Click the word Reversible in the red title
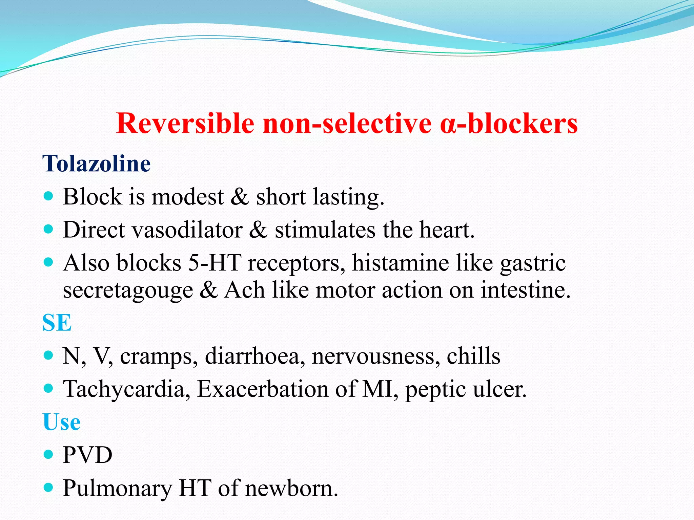[x=185, y=123]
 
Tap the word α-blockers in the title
[x=509, y=123]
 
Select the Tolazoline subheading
[x=97, y=164]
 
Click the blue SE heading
[x=57, y=323]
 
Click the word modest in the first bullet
[x=187, y=197]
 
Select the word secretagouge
[x=128, y=290]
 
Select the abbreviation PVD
[x=87, y=455]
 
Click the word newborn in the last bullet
[x=291, y=488]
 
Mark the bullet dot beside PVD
[x=49, y=454]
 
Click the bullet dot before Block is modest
[x=49, y=196]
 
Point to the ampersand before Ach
[x=209, y=290]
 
